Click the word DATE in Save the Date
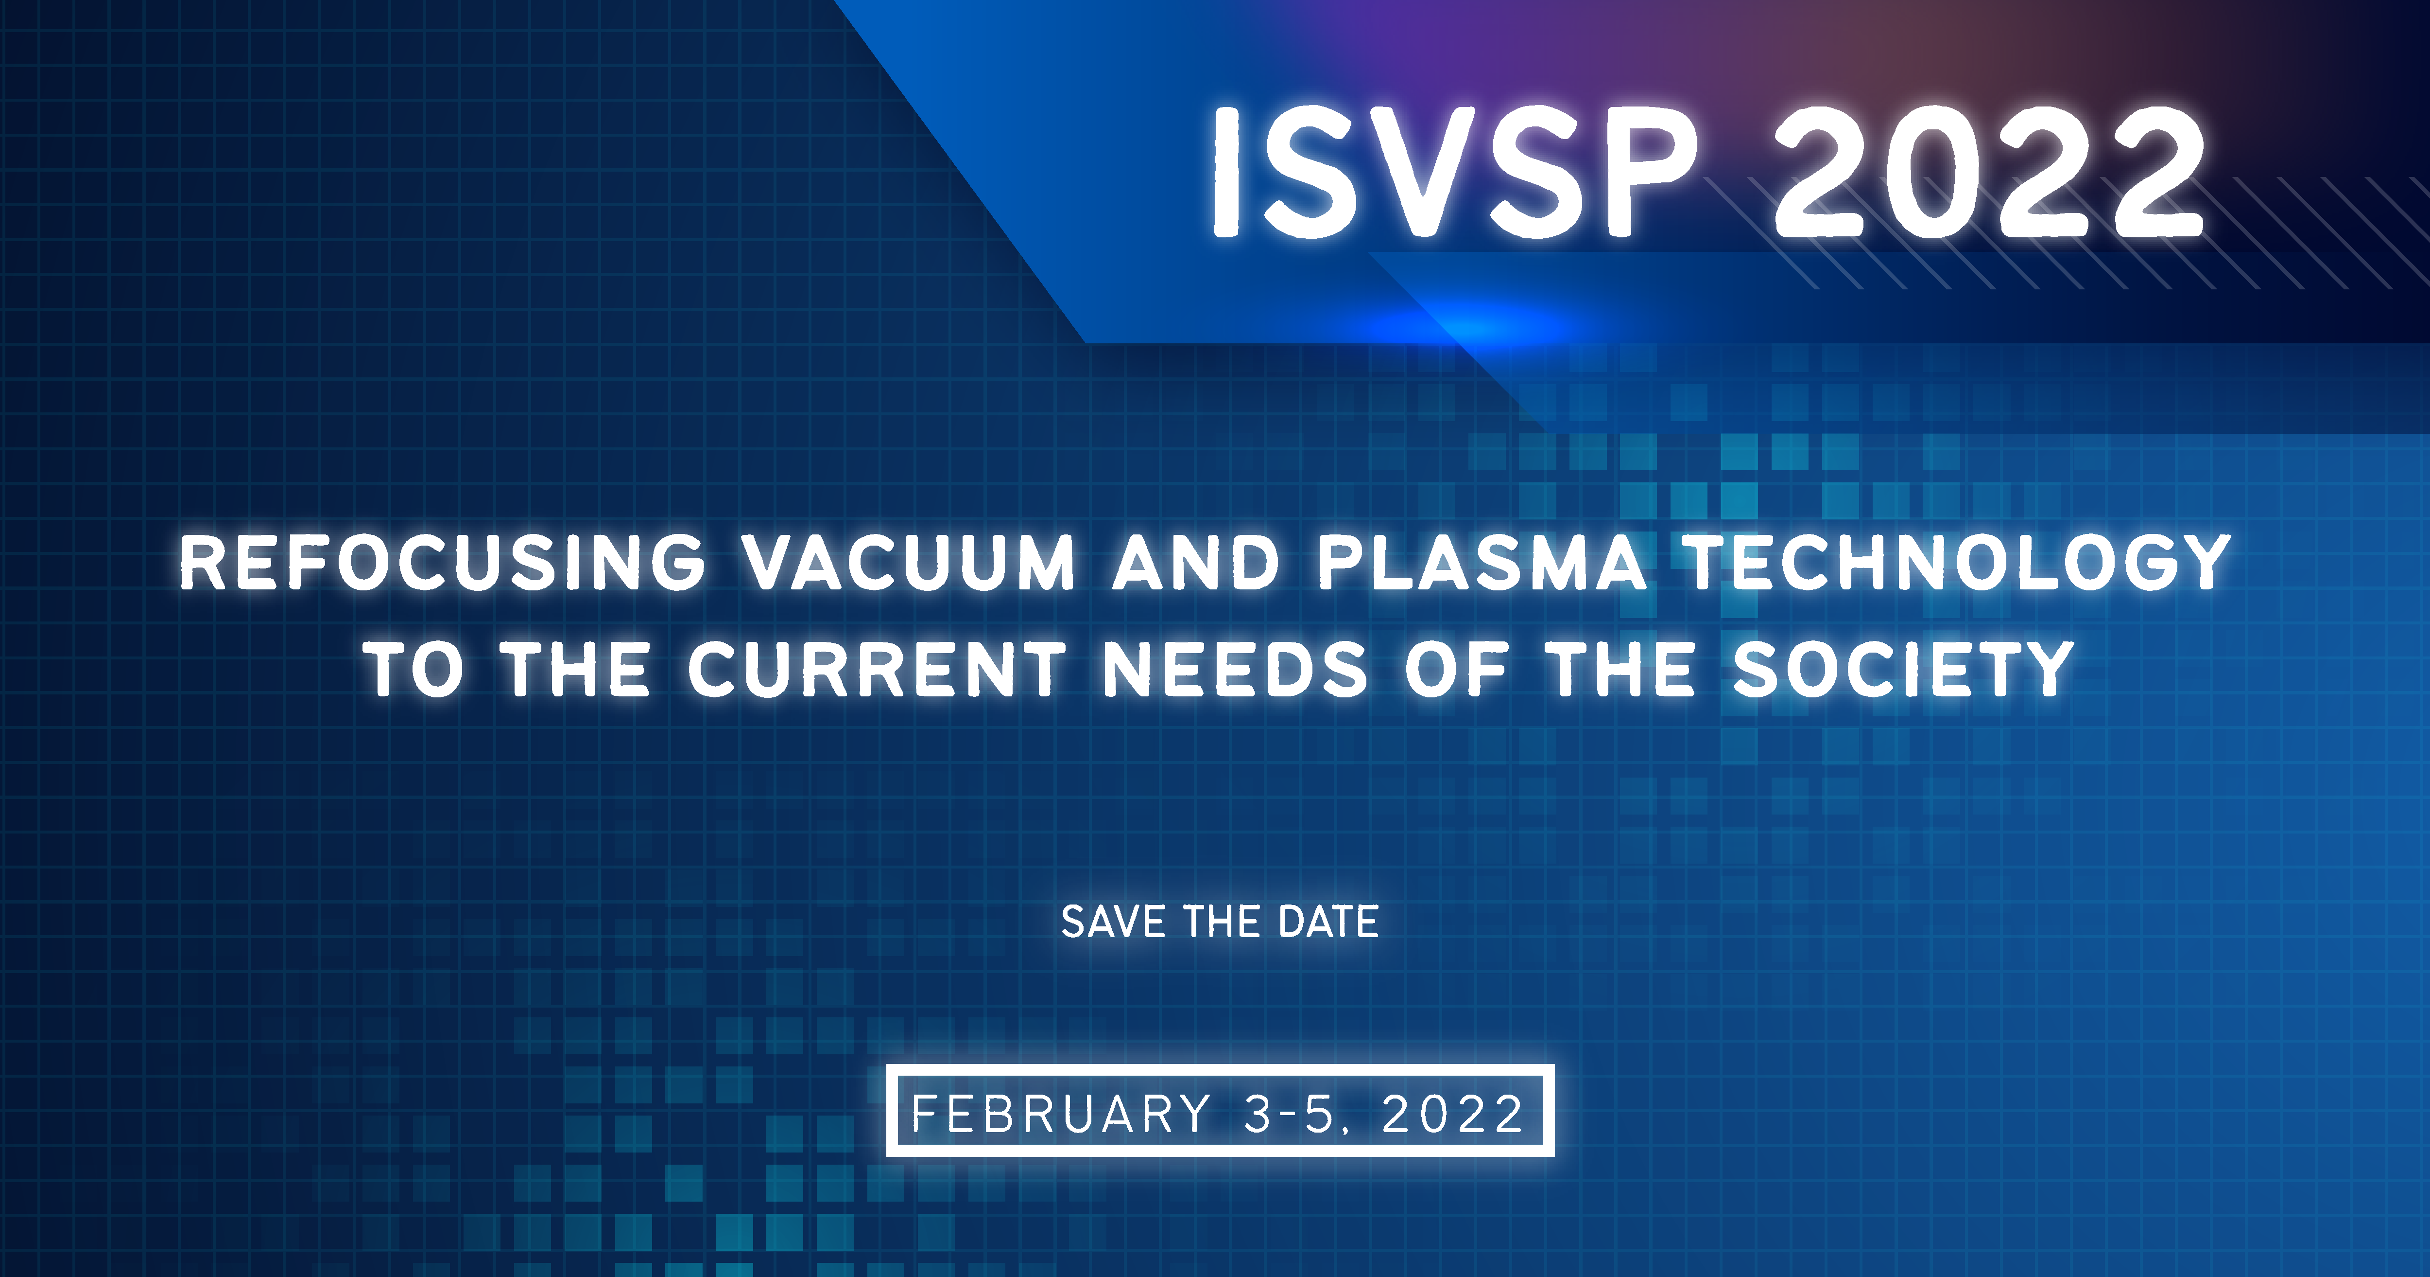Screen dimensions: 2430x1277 [x=1328, y=922]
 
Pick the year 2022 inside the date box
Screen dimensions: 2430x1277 [x=1453, y=1114]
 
